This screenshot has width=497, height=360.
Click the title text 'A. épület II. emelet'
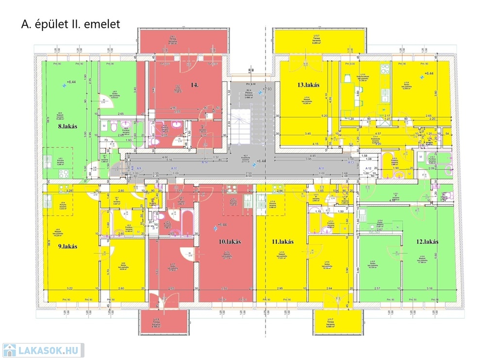coord(70,24)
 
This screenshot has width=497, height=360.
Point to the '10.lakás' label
coord(230,241)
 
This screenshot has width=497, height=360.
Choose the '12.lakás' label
coord(427,241)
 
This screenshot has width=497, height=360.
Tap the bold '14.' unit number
coord(195,85)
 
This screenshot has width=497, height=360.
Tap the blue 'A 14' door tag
coord(205,162)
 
